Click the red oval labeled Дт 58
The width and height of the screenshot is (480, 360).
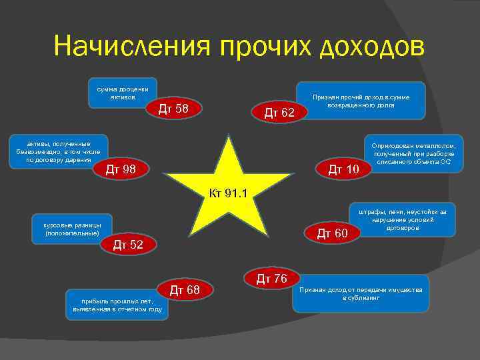[x=172, y=109]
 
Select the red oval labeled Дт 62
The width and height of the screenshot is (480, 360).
[x=279, y=113]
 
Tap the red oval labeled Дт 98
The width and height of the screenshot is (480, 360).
[x=121, y=170]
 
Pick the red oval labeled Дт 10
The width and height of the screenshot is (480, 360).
[x=343, y=171]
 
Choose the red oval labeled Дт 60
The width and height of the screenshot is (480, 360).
[x=332, y=233]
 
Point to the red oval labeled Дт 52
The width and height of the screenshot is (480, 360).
[x=128, y=245]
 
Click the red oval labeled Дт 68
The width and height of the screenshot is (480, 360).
[x=185, y=289]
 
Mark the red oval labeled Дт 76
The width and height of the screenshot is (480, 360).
[x=271, y=277]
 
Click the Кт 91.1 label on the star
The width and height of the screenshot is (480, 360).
[x=228, y=194]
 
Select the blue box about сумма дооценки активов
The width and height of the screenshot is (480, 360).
[x=122, y=94]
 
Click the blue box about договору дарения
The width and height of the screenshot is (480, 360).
[x=53, y=153]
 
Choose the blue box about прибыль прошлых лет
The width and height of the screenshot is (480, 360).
[x=117, y=304]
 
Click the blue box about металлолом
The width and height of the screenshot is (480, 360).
[x=413, y=154]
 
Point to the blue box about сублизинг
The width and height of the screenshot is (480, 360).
[x=361, y=293]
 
